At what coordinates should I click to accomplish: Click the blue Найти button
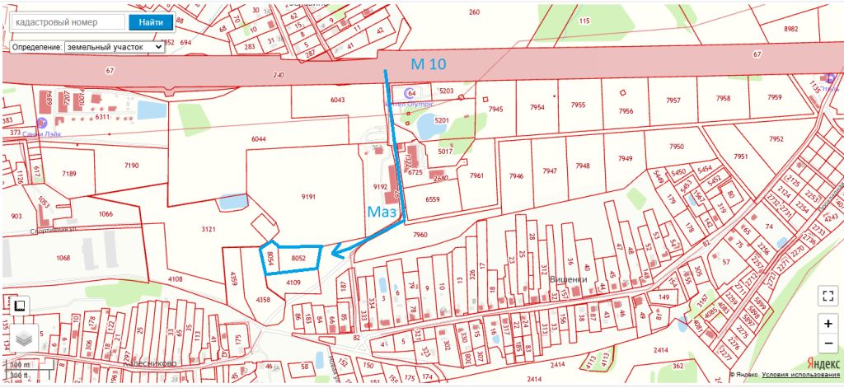point(151,22)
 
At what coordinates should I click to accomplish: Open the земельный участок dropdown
point(115,47)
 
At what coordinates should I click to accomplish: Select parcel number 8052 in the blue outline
point(298,258)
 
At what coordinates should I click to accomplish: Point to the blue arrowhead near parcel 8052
point(336,254)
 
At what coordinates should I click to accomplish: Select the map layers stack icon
point(22,337)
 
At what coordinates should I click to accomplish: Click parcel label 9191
point(309,197)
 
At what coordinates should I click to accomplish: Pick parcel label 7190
point(131,166)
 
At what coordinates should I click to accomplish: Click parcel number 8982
point(790,29)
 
